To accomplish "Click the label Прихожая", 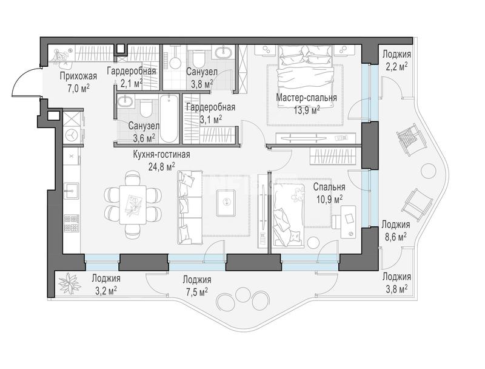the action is pyautogui.click(x=78, y=76).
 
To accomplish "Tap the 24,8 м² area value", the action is pyautogui.click(x=162, y=167).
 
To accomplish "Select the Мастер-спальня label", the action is pyautogui.click(x=306, y=98).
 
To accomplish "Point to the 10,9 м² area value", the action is pyautogui.click(x=329, y=198).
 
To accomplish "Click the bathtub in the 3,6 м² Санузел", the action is pyautogui.click(x=169, y=119).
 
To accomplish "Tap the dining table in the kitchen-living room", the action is pyautogui.click(x=133, y=205).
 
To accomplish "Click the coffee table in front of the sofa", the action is pyautogui.click(x=226, y=203).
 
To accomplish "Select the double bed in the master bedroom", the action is pyautogui.click(x=306, y=76).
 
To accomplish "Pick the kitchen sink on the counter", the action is pyautogui.click(x=72, y=190).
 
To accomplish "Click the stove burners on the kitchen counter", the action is pyautogui.click(x=72, y=223).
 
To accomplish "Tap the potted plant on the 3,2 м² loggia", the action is pyautogui.click(x=70, y=284).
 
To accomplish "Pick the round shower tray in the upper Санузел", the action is pyautogui.click(x=175, y=63).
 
